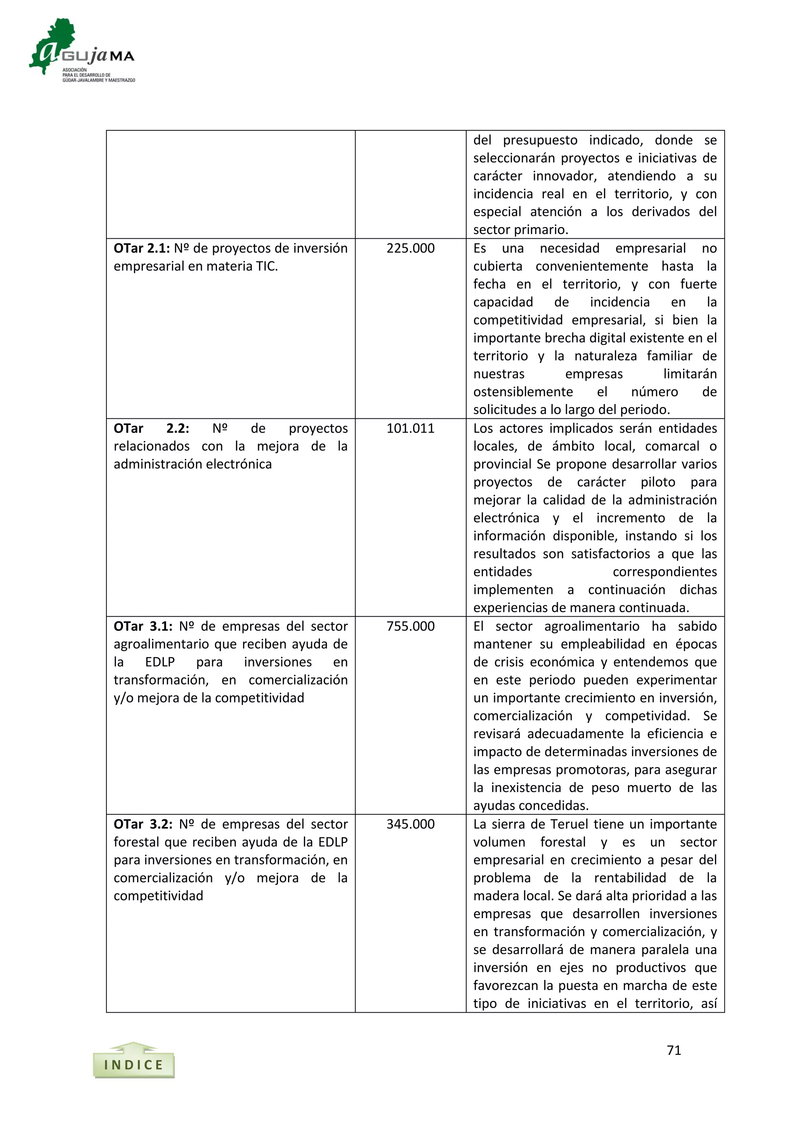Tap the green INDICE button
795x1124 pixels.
click(x=134, y=1064)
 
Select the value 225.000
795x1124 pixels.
click(x=410, y=248)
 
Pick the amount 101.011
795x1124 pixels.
click(x=410, y=428)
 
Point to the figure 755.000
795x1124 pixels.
click(x=410, y=626)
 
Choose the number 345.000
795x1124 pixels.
click(x=410, y=824)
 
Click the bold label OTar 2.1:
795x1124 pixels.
click(x=141, y=248)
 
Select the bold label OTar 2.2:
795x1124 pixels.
click(x=151, y=428)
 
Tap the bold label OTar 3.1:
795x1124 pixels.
click(x=143, y=626)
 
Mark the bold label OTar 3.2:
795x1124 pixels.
click(x=143, y=824)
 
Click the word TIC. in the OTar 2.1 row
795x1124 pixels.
click(x=267, y=266)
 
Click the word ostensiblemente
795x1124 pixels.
click(x=523, y=392)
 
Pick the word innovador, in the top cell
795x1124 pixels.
click(x=564, y=176)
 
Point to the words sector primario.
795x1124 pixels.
click(x=521, y=230)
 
